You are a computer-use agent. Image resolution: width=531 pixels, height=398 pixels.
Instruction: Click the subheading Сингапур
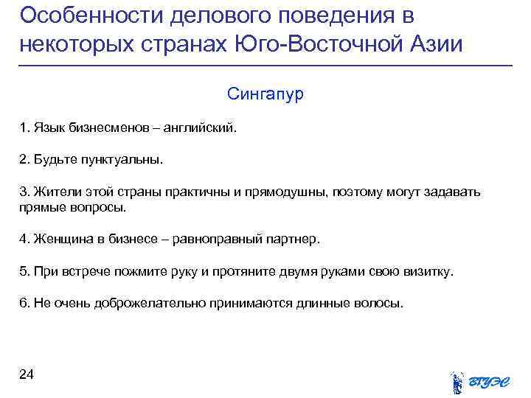click(x=265, y=95)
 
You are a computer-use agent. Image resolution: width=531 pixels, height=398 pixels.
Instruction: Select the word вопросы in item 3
click(x=104, y=208)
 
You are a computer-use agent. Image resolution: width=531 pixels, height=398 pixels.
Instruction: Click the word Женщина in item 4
click(x=58, y=240)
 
